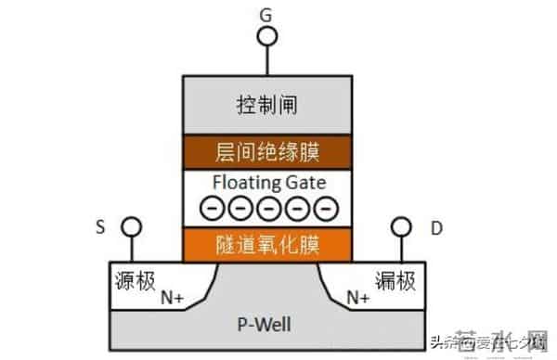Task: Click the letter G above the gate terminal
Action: pyautogui.click(x=267, y=14)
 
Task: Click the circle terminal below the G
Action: pyautogui.click(x=267, y=36)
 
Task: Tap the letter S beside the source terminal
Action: pyautogui.click(x=100, y=225)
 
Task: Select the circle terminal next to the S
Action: pyautogui.click(x=132, y=226)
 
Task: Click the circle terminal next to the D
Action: pyautogui.click(x=401, y=226)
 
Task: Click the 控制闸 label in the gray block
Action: pyautogui.click(x=267, y=105)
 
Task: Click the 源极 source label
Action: pyautogui.click(x=136, y=277)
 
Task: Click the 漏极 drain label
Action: pyautogui.click(x=395, y=277)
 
